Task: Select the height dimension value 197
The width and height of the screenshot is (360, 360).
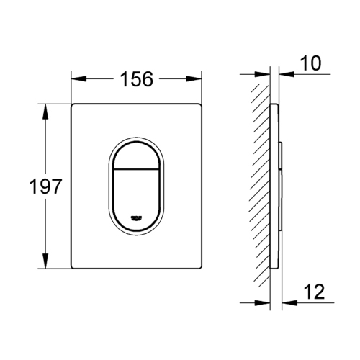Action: click(x=24, y=189)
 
